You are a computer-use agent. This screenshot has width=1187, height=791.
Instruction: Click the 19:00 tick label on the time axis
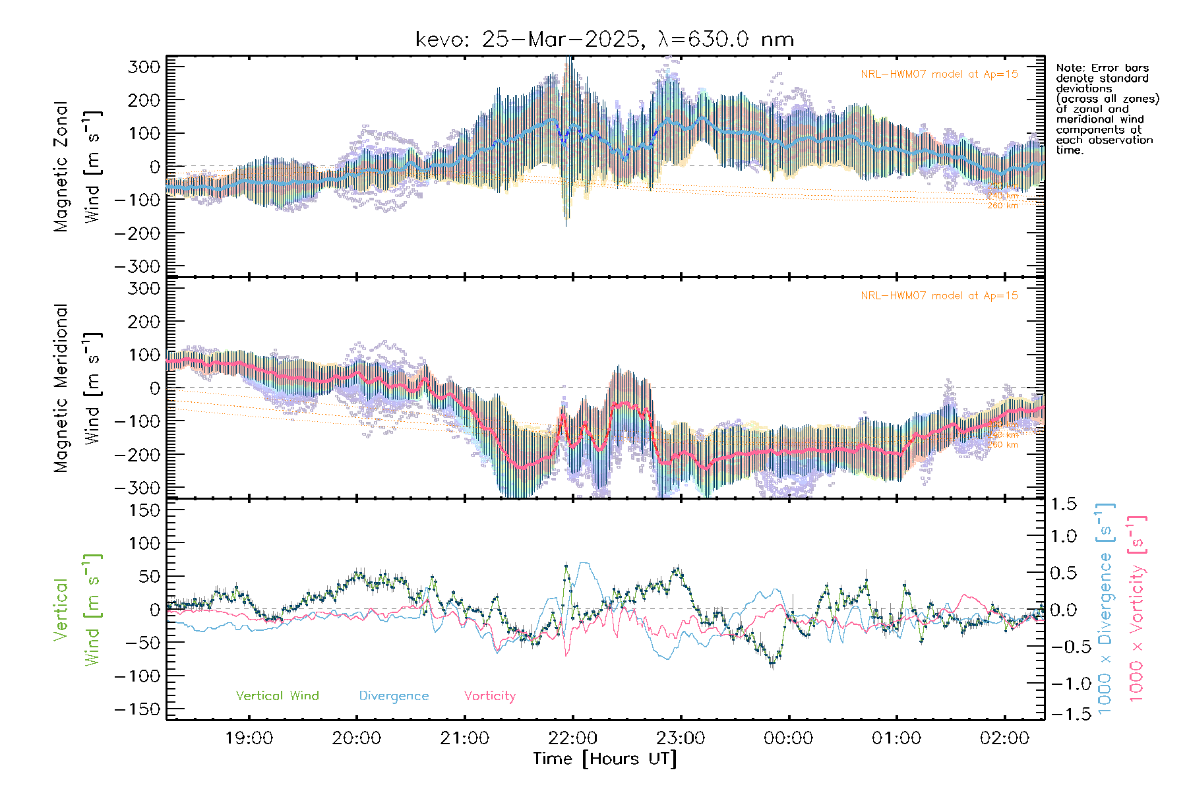[x=249, y=738]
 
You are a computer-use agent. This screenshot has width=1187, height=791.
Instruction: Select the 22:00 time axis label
[x=572, y=738]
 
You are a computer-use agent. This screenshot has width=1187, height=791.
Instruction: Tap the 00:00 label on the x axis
[x=788, y=738]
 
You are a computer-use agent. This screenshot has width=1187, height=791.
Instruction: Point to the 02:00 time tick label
[x=1004, y=738]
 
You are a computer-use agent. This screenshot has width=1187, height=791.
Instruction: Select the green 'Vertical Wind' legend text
[x=277, y=696]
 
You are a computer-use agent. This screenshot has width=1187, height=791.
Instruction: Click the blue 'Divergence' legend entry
[x=394, y=696]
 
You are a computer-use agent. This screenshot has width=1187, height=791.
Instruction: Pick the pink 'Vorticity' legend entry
[x=489, y=696]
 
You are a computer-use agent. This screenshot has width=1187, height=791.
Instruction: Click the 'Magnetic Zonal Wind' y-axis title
[x=77, y=166]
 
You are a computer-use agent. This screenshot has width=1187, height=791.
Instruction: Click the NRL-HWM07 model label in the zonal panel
[x=939, y=74]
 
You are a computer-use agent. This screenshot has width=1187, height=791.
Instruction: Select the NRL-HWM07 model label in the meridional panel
[x=939, y=296]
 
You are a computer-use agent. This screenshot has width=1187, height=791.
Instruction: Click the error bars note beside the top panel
[x=1107, y=109]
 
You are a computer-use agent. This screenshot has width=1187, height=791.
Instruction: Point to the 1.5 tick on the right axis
[x=1063, y=504]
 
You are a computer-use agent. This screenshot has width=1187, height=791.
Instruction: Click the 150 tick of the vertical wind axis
[x=144, y=510]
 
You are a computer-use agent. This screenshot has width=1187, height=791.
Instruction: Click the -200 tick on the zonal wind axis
[x=137, y=233]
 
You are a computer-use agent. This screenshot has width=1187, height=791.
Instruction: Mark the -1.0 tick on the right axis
[x=1063, y=684]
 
